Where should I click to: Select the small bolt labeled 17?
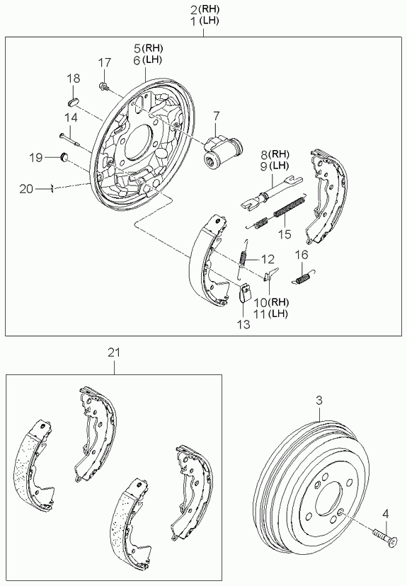(104, 87)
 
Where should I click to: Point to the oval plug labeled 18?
(73, 101)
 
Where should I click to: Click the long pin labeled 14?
(69, 139)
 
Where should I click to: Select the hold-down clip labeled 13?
(244, 292)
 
